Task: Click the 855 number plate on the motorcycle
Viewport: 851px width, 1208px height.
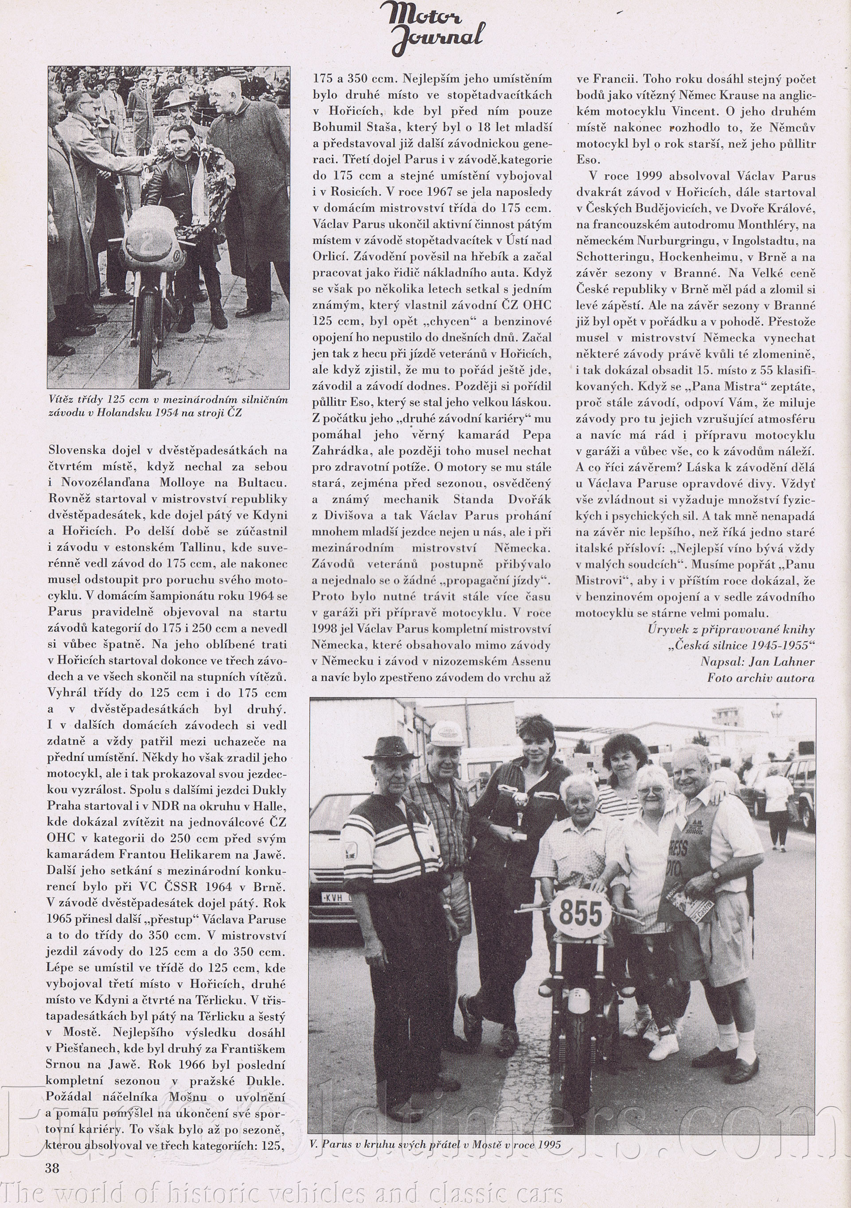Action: pyautogui.click(x=581, y=913)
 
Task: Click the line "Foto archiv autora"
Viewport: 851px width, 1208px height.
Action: pyautogui.click(x=761, y=678)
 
